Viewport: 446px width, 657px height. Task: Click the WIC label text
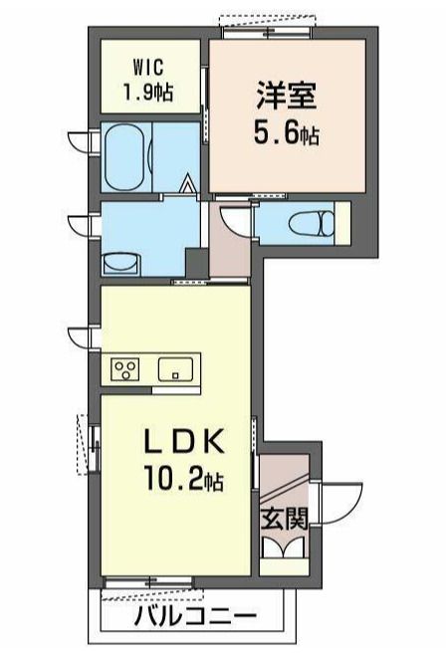click(x=148, y=68)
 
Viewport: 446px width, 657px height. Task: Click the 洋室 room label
click(x=287, y=96)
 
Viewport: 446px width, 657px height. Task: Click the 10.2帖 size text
click(x=183, y=478)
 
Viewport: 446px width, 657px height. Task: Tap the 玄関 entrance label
click(x=285, y=520)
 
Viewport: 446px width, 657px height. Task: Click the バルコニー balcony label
click(x=195, y=616)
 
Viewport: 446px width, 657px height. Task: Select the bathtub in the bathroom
click(x=125, y=157)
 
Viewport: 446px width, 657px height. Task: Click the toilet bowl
click(x=314, y=223)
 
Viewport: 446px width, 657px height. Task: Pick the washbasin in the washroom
click(x=121, y=264)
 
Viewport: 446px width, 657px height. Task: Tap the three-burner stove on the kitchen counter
click(x=125, y=369)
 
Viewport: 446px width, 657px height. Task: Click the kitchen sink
click(x=175, y=369)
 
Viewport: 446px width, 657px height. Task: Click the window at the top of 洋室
click(x=268, y=32)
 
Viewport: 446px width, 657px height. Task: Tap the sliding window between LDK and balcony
click(x=148, y=582)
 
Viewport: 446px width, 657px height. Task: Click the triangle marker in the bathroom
click(x=187, y=184)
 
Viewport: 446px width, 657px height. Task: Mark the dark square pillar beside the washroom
click(x=197, y=262)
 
